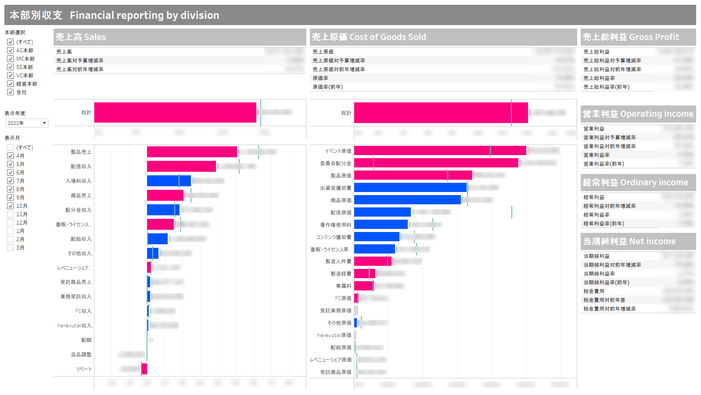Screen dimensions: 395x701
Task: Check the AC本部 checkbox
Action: [11, 51]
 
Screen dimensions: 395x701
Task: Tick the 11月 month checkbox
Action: [11, 214]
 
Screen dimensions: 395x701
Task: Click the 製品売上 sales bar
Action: [192, 152]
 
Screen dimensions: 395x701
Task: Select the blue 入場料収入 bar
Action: [169, 181]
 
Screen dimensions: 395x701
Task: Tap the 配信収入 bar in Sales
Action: [181, 167]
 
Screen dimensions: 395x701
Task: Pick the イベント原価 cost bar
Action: [440, 151]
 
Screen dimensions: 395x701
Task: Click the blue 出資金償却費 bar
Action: [410, 188]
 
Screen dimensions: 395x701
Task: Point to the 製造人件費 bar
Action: [373, 261]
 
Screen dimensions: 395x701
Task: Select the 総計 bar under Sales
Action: [175, 112]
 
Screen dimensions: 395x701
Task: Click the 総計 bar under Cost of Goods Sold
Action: [441, 113]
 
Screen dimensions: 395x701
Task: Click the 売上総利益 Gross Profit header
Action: [631, 37]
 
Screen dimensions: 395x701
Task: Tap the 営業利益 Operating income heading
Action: [638, 114]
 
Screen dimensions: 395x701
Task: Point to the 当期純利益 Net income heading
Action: [629, 242]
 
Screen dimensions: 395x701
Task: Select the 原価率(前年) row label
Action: [327, 87]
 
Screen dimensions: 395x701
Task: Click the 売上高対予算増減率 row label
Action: [80, 61]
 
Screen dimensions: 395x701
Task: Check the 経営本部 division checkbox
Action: [11, 84]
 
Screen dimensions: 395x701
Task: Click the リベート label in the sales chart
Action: [84, 369]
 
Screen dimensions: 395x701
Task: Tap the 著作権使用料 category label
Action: [336, 225]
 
